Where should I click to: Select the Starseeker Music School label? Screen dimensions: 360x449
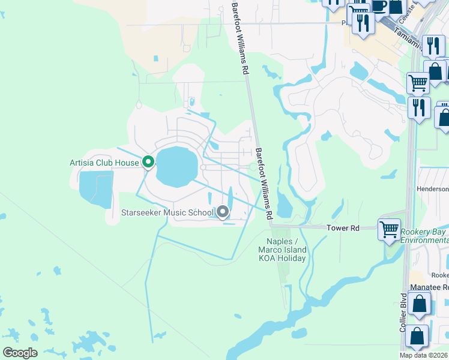point(167,212)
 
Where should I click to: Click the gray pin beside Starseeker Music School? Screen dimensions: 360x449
point(223,212)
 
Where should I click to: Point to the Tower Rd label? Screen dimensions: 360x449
point(342,228)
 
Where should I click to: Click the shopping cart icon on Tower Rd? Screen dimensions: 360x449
point(388,229)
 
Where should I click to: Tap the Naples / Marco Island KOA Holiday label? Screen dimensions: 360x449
point(282,250)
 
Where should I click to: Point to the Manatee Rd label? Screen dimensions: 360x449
point(429,288)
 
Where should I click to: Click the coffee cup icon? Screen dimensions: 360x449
point(379,5)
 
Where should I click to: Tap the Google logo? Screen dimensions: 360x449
point(20,353)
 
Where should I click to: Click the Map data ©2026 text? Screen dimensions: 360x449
point(424,355)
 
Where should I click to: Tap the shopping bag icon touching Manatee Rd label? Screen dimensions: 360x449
point(420,304)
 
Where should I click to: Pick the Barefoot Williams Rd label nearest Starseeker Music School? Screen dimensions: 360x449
point(264,183)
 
